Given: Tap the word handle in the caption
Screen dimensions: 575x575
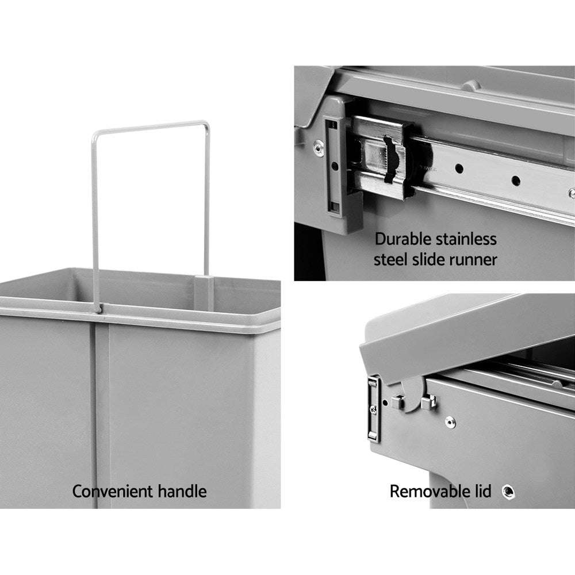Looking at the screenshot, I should click(183, 491).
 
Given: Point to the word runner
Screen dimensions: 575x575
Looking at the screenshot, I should click(471, 259).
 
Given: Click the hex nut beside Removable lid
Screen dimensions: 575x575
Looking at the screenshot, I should click(508, 491).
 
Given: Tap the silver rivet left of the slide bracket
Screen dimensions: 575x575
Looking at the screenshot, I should click(317, 147).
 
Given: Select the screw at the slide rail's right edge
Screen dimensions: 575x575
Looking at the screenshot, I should click(570, 193).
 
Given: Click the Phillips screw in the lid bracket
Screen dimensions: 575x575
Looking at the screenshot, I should click(373, 409).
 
